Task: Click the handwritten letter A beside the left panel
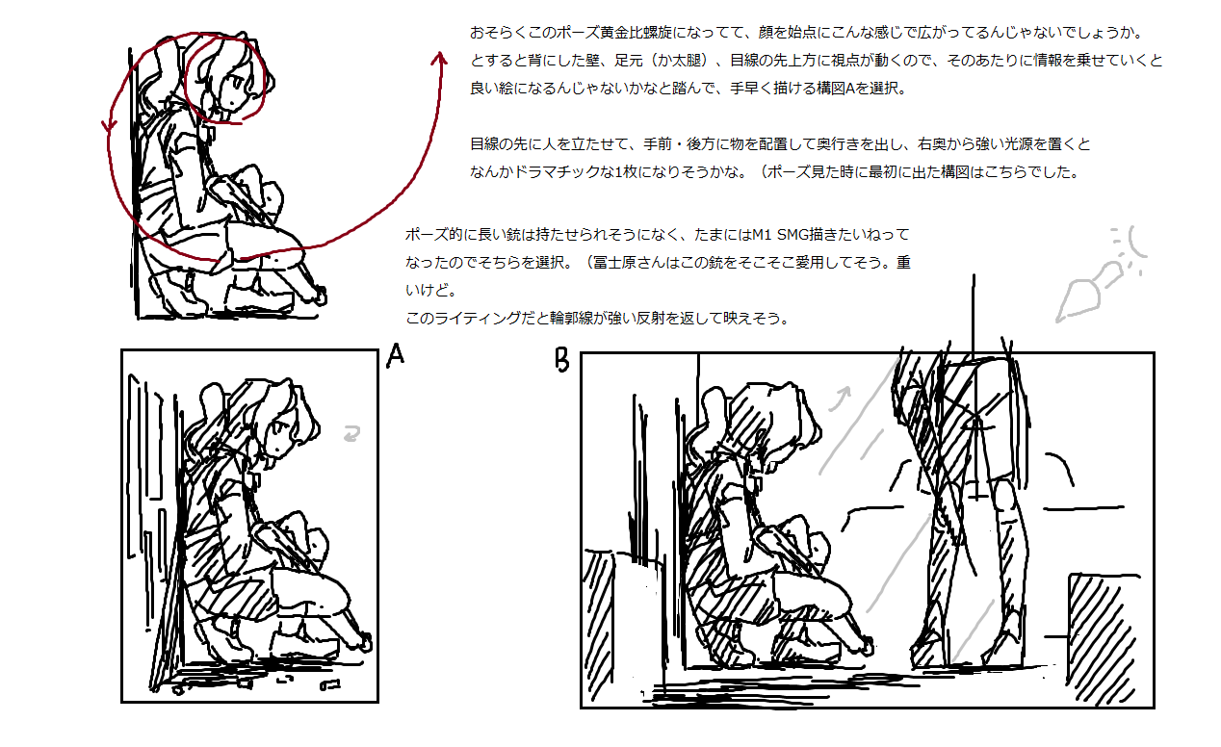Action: (x=396, y=356)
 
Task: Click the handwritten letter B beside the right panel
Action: (x=562, y=359)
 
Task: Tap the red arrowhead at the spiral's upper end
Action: (x=439, y=59)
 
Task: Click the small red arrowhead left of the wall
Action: (x=110, y=126)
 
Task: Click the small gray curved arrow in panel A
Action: (x=352, y=433)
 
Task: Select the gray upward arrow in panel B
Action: (x=840, y=399)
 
